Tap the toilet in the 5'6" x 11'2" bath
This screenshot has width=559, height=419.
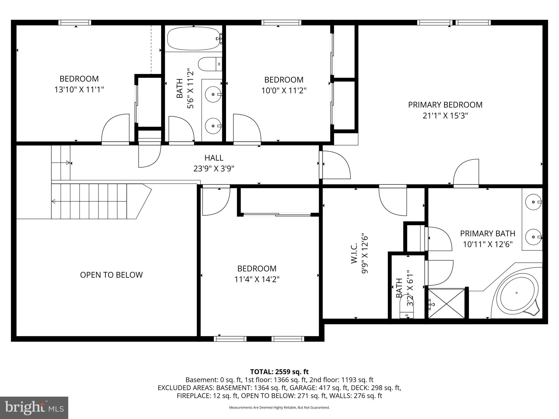point(209,64)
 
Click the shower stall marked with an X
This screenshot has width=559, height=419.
point(446,303)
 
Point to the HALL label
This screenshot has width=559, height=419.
point(214,158)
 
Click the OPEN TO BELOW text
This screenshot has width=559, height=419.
point(111,275)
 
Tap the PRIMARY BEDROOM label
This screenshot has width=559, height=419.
point(445,105)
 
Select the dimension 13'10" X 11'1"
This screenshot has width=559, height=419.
point(79,89)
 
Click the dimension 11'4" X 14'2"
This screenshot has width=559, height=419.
point(257,279)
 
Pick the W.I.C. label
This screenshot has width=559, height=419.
point(354,253)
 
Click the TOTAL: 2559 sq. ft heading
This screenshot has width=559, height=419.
point(279,372)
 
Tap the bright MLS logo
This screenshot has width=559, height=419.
point(34,408)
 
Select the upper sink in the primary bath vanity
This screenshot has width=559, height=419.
point(533,202)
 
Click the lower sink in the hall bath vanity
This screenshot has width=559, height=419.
point(213,126)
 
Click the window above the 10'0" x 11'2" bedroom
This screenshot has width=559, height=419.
point(281,23)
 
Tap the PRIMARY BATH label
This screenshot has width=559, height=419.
point(487,234)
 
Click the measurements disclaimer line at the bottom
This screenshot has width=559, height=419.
point(279,408)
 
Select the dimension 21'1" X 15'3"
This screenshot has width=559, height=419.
point(445,116)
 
